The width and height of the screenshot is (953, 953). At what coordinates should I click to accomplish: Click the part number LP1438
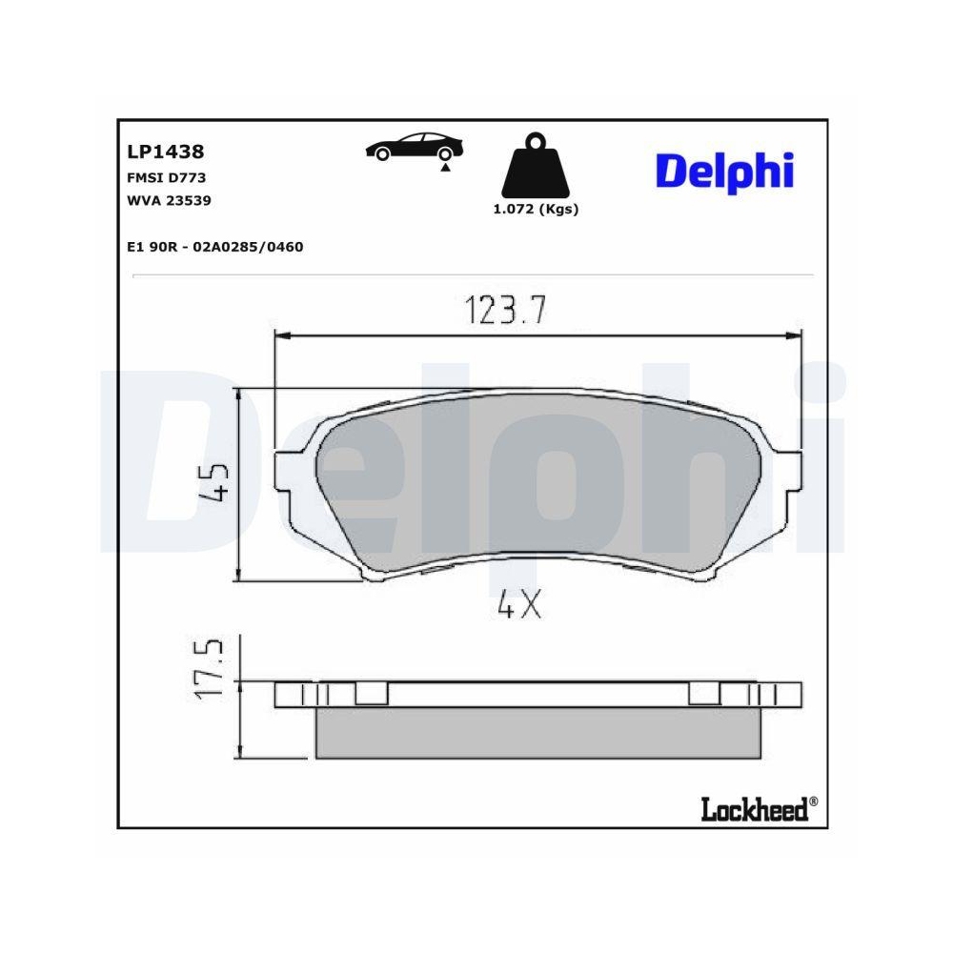click(x=165, y=152)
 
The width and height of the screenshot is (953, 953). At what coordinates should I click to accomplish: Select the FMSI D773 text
click(x=166, y=177)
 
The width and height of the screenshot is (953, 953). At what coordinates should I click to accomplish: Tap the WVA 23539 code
click(x=169, y=200)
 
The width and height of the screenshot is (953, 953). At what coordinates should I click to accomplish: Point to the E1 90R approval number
click(x=214, y=247)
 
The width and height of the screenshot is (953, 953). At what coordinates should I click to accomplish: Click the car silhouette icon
click(x=414, y=147)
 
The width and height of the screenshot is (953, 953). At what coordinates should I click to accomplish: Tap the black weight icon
click(x=536, y=169)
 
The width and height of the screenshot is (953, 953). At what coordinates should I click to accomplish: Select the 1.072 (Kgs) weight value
click(x=536, y=210)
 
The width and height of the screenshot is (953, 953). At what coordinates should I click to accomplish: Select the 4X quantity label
click(x=519, y=605)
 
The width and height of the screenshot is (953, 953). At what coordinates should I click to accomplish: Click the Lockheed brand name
click(x=754, y=810)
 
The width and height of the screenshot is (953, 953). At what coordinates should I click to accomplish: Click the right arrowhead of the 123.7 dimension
click(x=792, y=335)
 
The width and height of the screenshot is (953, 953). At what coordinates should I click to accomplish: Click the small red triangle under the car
click(x=444, y=168)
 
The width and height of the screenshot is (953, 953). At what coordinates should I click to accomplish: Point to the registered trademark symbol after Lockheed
click(x=813, y=802)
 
